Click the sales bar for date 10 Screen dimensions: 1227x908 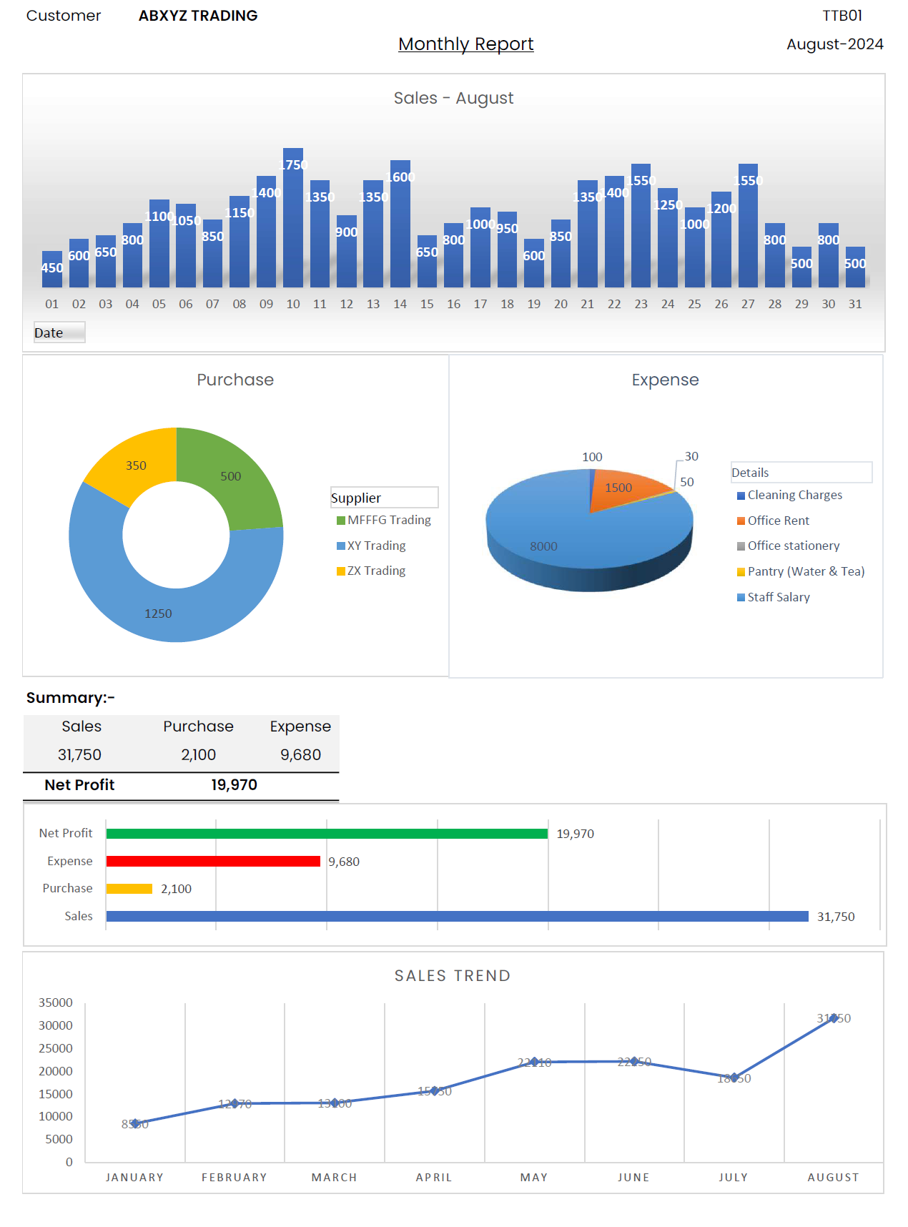(x=293, y=222)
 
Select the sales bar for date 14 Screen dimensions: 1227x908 (x=400, y=229)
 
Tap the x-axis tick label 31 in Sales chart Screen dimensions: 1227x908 (x=855, y=304)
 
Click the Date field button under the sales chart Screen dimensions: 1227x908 (x=59, y=332)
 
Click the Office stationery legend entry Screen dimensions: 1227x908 (x=793, y=546)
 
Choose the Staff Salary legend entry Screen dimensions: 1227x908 (x=778, y=597)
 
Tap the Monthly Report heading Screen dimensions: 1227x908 (x=465, y=44)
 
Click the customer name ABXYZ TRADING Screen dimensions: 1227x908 (x=198, y=16)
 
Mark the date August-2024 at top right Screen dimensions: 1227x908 (x=834, y=44)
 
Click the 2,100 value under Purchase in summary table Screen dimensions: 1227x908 (x=198, y=755)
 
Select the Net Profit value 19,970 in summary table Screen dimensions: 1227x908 (x=234, y=785)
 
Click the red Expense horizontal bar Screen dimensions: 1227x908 (x=213, y=861)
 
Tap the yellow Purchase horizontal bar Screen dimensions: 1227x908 (x=129, y=889)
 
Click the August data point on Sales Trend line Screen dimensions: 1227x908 (x=834, y=1018)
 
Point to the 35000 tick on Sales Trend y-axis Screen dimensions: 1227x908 (x=56, y=1002)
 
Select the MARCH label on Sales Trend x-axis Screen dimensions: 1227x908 (x=334, y=1178)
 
